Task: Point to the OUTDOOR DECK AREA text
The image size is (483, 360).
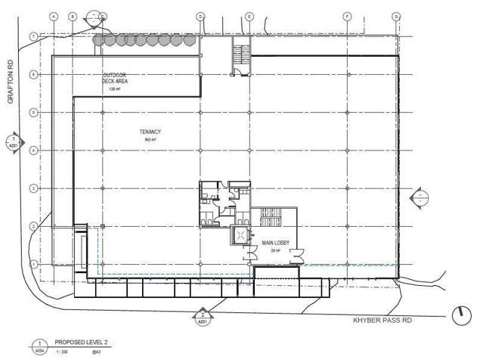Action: coord(115,79)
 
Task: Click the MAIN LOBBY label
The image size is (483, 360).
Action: coord(271,244)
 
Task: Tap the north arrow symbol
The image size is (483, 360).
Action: coord(459,314)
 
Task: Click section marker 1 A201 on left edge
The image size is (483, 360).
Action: coord(13,141)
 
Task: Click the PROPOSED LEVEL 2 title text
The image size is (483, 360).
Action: coord(80,343)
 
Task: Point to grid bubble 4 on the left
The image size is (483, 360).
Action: coord(33,150)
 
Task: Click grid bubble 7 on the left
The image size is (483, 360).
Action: coord(33,36)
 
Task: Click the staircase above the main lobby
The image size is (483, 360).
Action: coord(270,218)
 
